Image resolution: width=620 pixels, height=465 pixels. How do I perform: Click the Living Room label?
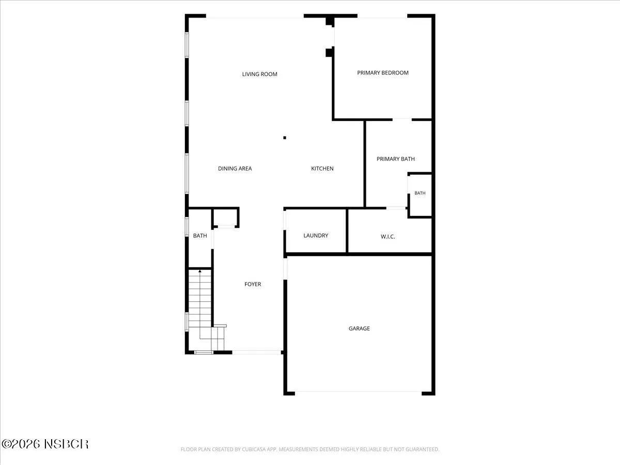(x=259, y=74)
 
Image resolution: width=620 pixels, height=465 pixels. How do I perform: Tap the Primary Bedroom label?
(x=383, y=73)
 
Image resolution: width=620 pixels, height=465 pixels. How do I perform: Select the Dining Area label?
(x=235, y=168)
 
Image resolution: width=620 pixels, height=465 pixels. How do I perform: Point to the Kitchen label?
(x=322, y=168)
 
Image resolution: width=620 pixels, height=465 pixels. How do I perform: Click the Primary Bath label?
(x=395, y=159)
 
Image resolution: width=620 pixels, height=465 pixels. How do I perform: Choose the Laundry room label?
(x=316, y=236)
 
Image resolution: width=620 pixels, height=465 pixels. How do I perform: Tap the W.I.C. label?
(x=388, y=237)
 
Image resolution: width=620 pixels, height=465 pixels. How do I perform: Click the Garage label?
(x=359, y=329)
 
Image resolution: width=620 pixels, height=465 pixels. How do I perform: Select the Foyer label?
(x=253, y=284)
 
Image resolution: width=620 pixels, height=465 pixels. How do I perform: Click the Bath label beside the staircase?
(x=200, y=236)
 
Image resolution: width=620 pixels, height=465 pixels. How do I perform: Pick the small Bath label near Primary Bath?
(x=420, y=193)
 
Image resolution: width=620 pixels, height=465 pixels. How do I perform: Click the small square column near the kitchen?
(x=285, y=138)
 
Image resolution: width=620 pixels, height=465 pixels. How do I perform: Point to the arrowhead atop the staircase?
(x=200, y=271)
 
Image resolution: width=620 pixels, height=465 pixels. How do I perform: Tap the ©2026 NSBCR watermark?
(x=45, y=444)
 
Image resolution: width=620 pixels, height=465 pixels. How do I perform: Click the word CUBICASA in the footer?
(x=252, y=449)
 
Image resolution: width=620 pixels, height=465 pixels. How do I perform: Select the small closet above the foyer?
(x=225, y=218)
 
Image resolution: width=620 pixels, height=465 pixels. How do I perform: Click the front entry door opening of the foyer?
(x=256, y=352)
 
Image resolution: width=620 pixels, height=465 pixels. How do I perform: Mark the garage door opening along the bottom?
(x=358, y=393)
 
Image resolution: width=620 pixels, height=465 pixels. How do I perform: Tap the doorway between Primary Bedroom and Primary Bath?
(x=402, y=120)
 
